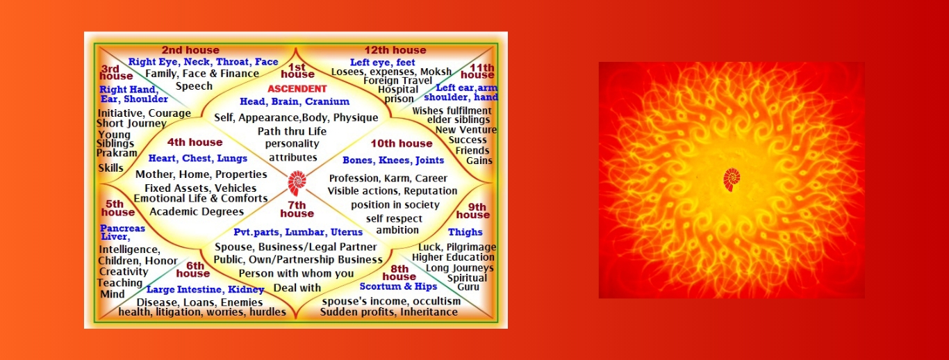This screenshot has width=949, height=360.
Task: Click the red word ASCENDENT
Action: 297,89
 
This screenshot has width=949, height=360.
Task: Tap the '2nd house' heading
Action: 190,50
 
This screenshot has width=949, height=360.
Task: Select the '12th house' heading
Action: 395,50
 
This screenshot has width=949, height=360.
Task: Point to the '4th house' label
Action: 195,142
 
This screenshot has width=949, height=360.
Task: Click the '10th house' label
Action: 402,143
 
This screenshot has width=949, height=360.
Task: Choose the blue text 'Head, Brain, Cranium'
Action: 295,101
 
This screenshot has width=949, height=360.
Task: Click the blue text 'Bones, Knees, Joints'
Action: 393,161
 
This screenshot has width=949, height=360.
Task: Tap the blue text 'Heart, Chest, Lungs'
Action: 197,158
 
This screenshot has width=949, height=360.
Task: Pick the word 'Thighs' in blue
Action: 465,232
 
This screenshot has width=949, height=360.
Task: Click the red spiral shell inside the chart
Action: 297,183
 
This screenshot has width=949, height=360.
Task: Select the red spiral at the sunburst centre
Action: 732,179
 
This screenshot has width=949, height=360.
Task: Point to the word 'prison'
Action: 399,99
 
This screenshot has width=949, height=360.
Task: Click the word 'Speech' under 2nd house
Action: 194,86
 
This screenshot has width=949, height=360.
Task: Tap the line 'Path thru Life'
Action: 292,131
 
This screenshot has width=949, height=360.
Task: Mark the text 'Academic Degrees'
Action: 197,211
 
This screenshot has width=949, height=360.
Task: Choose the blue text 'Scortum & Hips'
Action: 398,286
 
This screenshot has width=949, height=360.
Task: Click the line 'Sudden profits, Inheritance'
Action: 388,312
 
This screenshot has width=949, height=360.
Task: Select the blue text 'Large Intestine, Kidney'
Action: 206,290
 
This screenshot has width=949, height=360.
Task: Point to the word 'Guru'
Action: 468,287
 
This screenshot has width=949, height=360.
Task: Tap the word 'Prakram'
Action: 117,153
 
